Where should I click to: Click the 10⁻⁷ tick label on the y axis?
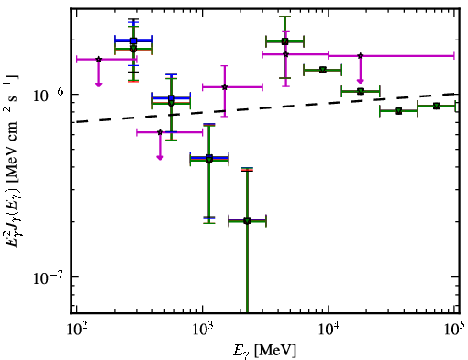tap(48, 277)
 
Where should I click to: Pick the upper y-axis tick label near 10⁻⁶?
tap(49, 96)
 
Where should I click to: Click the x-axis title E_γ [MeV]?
tap(264, 351)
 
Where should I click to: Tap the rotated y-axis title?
tap(11, 162)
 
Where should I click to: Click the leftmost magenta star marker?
tap(98, 59)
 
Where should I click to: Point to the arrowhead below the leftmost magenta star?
tap(98, 84)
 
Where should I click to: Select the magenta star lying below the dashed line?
tap(160, 132)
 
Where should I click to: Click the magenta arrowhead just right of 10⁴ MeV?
tap(361, 81)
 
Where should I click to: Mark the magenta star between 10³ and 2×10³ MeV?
tap(225, 87)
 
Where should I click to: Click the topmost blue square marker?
tap(133, 40)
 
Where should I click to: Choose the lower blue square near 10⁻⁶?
tap(172, 98)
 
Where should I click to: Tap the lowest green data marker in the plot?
tap(247, 220)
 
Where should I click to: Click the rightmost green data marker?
tap(437, 106)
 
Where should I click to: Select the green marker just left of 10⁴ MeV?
tap(323, 70)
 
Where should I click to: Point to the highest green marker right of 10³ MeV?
tap(284, 41)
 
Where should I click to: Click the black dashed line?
tap(268, 107)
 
